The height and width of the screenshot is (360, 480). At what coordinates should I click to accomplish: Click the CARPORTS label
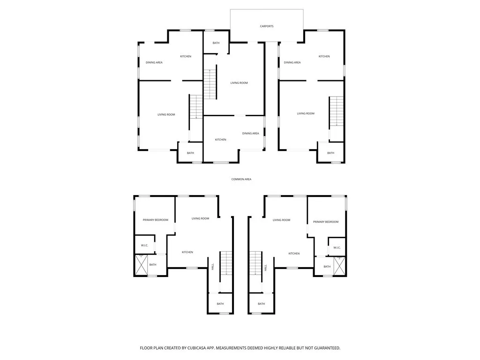coord(267,26)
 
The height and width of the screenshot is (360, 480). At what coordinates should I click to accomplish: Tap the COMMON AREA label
coord(241,179)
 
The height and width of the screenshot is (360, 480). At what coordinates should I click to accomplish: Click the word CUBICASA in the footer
coord(196,348)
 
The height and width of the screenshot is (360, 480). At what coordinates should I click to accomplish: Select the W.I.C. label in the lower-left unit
coord(145,245)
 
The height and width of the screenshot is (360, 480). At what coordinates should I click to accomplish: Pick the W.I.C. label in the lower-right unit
coord(337,247)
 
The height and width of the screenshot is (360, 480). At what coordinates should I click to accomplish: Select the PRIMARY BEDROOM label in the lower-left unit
coord(155,220)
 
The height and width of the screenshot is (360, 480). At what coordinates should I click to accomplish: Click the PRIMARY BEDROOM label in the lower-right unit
coord(325,222)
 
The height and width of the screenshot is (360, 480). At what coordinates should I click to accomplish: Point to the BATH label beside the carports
coord(216,43)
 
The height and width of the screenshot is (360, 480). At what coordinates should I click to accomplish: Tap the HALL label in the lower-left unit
coord(213,267)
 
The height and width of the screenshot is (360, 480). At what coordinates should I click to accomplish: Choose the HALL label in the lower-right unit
coord(265,268)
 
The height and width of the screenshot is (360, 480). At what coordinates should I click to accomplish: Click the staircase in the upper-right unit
coord(336,111)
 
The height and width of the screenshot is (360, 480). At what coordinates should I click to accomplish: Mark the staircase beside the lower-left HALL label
coord(226,263)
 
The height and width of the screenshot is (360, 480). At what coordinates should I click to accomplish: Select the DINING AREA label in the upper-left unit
coord(154,62)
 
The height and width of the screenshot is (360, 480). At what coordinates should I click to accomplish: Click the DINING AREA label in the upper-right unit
coord(292,62)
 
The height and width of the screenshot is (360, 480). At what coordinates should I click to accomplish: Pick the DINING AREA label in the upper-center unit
coord(250,134)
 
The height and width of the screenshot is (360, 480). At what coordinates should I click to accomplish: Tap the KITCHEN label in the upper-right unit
coord(324,56)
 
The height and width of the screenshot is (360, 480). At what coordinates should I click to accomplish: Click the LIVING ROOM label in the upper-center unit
coord(239,83)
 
